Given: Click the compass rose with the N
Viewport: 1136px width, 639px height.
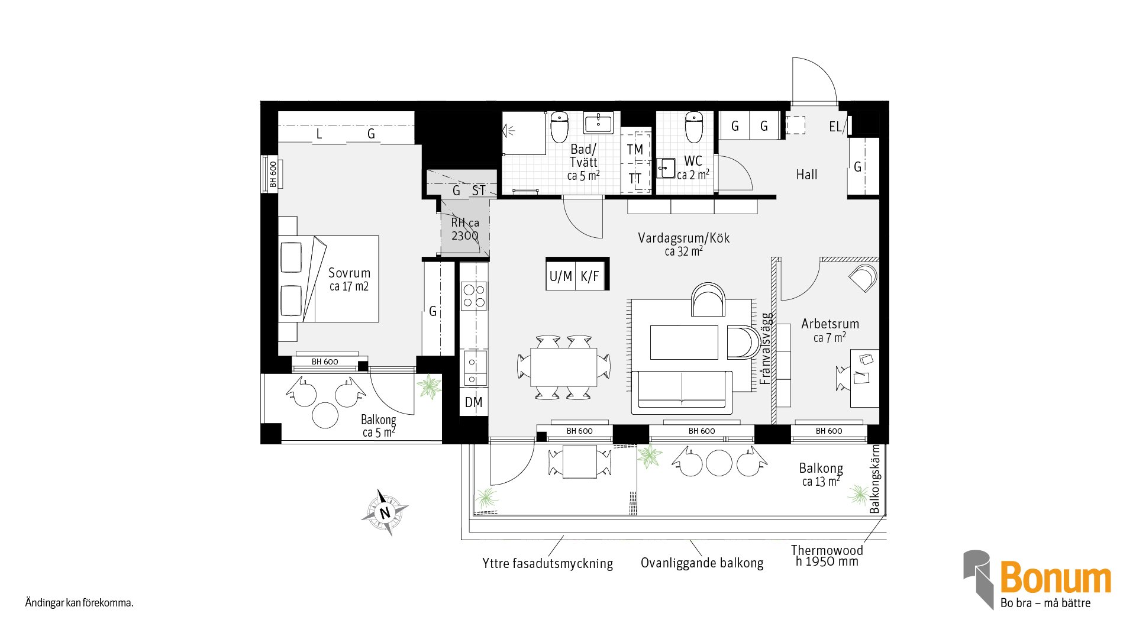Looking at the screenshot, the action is (385, 512).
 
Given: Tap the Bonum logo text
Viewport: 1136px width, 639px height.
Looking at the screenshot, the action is (1056, 577).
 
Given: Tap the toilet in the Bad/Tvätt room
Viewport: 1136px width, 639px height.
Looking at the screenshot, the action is (559, 128).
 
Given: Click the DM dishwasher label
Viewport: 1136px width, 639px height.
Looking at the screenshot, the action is (473, 402).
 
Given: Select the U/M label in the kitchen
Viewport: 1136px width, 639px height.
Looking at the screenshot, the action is (560, 276).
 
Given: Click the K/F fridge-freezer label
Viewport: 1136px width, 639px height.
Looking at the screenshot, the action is (590, 276).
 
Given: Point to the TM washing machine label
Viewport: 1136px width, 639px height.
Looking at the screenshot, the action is (635, 150).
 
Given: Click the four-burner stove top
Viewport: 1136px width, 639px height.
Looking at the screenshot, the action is (474, 296).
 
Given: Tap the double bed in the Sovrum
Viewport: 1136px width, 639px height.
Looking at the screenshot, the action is (328, 279).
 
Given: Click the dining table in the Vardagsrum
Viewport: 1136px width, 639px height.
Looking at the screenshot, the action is (563, 367).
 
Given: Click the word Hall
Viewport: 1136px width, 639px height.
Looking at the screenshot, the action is (806, 175).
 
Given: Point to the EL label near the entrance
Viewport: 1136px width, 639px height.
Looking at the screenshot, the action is (835, 127).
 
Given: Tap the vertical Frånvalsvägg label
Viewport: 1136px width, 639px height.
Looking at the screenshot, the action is (766, 348).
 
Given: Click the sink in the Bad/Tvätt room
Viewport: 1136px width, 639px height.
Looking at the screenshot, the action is (599, 123).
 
